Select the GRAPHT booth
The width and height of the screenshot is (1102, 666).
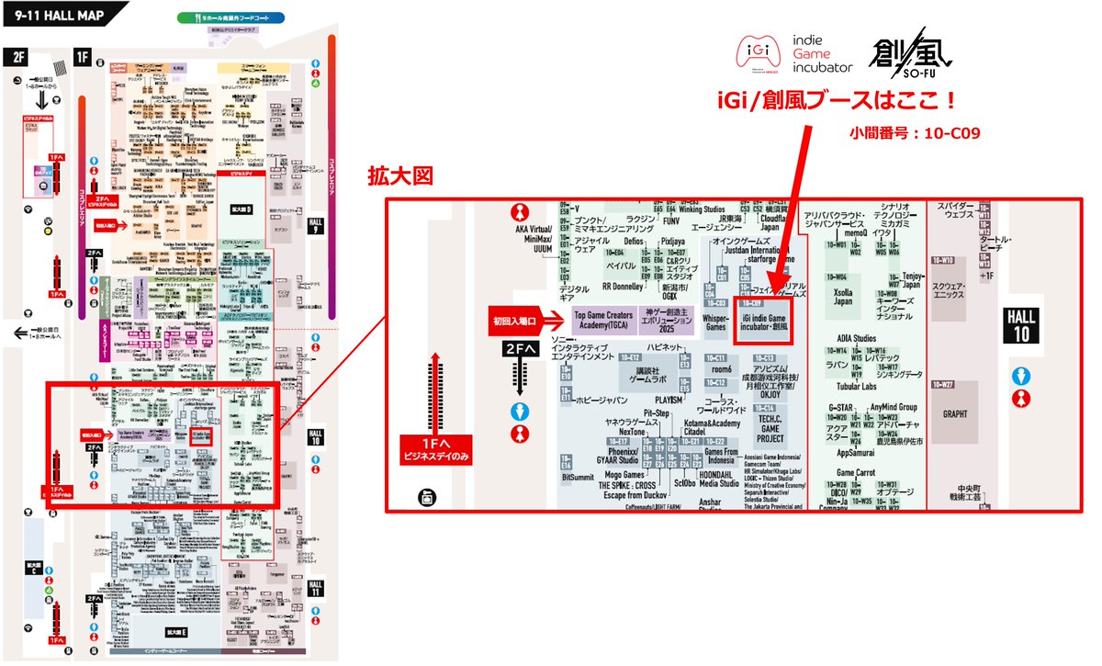[x=955, y=413]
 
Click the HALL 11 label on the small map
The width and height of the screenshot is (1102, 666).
[x=316, y=589]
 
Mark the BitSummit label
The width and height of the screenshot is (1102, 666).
[x=578, y=477]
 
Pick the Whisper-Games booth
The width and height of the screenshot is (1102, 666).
[x=716, y=321]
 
